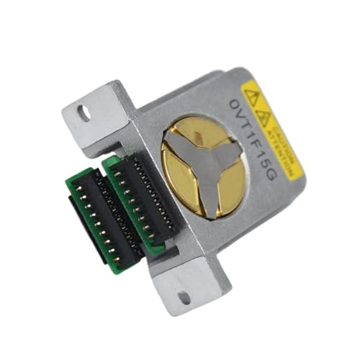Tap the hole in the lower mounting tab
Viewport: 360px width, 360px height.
coord(184,296)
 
